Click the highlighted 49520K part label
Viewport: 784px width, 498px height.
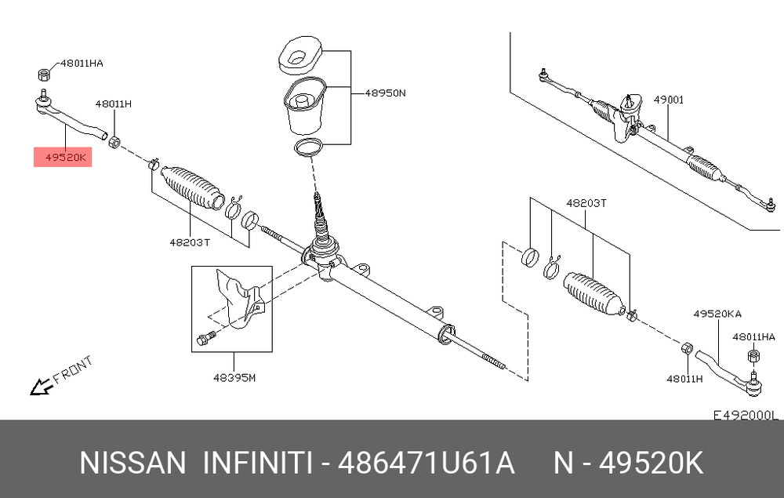(x=66, y=158)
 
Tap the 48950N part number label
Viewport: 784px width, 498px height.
(x=385, y=93)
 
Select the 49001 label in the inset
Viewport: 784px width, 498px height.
(x=669, y=100)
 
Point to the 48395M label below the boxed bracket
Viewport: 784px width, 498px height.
(x=234, y=377)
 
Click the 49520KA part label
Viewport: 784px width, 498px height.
(x=717, y=314)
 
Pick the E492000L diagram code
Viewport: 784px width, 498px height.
(x=746, y=415)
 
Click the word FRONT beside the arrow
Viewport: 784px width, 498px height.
(x=73, y=369)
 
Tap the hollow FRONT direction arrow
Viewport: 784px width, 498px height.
(x=41, y=387)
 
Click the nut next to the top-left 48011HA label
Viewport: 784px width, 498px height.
(x=44, y=75)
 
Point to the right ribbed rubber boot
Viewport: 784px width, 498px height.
(x=593, y=294)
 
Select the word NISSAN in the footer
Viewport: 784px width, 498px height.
(x=132, y=463)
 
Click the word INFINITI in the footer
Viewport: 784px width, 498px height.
(x=257, y=463)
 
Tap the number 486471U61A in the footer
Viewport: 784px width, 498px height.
(x=426, y=463)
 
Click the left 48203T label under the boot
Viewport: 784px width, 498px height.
(x=190, y=242)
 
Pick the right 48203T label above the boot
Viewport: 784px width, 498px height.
(x=586, y=203)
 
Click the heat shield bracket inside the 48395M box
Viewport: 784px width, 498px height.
(x=239, y=299)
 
